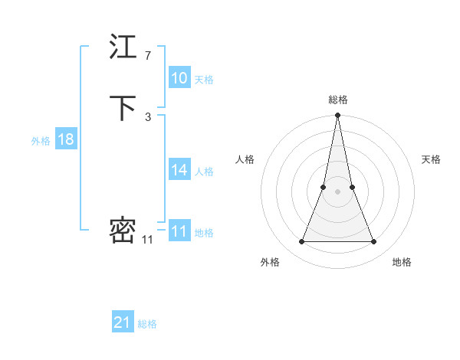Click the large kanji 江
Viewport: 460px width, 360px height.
click(x=123, y=47)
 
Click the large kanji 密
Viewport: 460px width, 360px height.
click(x=123, y=230)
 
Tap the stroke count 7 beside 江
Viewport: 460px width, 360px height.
click(x=148, y=56)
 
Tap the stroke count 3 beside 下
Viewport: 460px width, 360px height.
click(x=148, y=116)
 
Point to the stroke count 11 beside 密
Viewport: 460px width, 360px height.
click(x=147, y=240)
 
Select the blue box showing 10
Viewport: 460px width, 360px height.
click(x=179, y=78)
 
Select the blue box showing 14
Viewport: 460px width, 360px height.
click(x=179, y=170)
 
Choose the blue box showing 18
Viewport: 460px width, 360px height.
click(x=65, y=139)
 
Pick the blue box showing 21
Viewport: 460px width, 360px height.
click(x=123, y=322)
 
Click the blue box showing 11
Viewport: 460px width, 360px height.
click(x=179, y=231)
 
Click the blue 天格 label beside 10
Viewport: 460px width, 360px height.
click(x=204, y=80)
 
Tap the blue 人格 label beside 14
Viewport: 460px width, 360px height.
click(x=204, y=172)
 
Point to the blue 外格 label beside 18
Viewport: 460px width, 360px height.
click(x=41, y=141)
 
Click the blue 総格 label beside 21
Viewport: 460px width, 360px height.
click(x=147, y=324)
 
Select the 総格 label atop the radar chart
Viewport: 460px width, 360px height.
click(x=337, y=100)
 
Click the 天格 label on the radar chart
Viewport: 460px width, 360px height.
click(x=432, y=159)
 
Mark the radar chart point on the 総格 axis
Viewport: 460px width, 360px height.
click(x=337, y=116)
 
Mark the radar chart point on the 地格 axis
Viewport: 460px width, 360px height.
click(x=374, y=242)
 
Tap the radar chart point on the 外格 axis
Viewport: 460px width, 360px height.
click(x=301, y=242)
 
